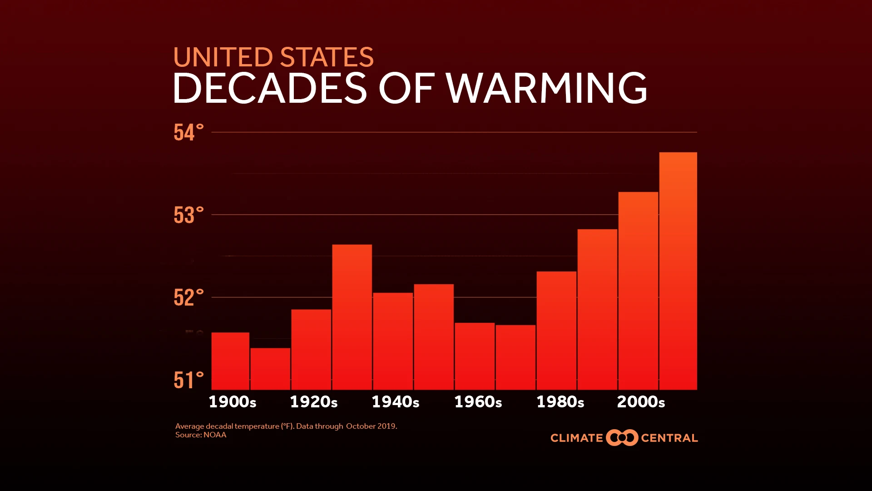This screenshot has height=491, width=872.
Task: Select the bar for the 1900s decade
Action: pyautogui.click(x=230, y=361)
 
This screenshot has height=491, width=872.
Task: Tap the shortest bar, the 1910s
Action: pyautogui.click(x=270, y=369)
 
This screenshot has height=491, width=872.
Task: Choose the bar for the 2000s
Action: pyautogui.click(x=638, y=291)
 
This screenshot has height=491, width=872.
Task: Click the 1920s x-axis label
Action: pyautogui.click(x=314, y=402)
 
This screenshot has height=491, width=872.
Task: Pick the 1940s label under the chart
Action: pyautogui.click(x=396, y=402)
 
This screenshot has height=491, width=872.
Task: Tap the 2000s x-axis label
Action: pyautogui.click(x=641, y=402)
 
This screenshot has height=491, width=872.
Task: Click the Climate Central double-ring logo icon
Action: pyautogui.click(x=622, y=438)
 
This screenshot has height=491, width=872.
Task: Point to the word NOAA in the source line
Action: pyautogui.click(x=215, y=435)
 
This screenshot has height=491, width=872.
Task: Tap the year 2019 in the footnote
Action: pyautogui.click(x=386, y=426)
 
